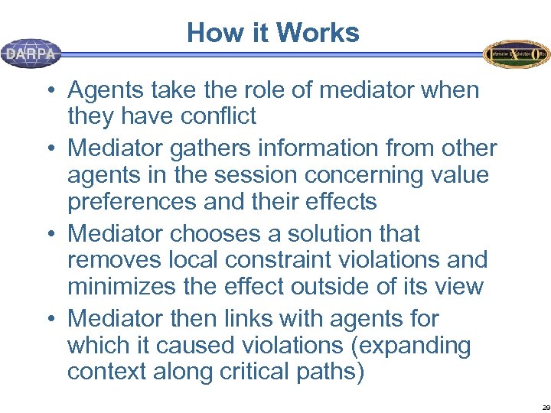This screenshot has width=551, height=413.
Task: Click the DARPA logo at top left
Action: coord(31,54)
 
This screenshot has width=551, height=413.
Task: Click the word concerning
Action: coord(358,174)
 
